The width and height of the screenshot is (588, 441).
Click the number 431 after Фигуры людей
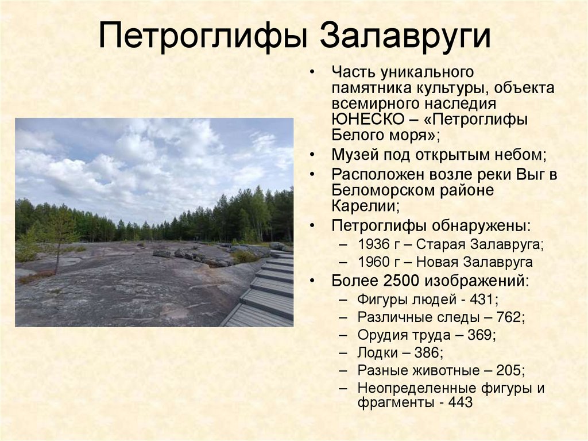click(x=485, y=300)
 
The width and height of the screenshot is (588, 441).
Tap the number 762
click(x=510, y=317)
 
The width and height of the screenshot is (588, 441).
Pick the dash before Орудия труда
click(x=343, y=335)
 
